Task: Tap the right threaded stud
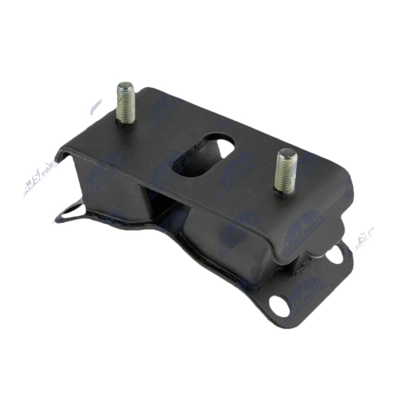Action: point(286,172)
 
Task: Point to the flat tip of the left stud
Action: point(124,86)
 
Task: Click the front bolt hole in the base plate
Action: point(280,306)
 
